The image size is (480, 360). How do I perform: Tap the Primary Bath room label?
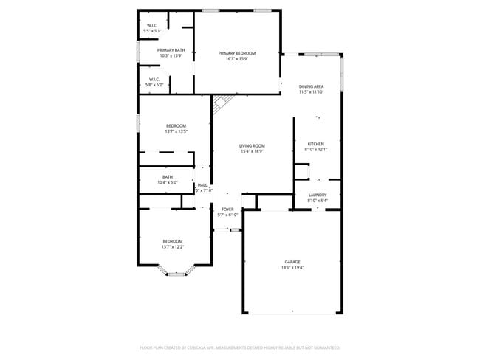coord(171,50)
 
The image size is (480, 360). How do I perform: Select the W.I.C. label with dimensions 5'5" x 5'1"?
coord(151,26)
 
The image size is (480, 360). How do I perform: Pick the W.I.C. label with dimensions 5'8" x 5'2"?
coord(154,79)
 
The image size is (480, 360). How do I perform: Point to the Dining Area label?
coord(311,86)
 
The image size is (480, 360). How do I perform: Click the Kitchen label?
coord(315,144)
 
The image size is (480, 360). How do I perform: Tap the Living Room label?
coord(252,146)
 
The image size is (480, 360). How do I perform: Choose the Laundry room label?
coord(317,195)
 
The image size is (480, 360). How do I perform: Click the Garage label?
coord(292,262)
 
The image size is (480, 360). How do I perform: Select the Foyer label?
coord(227,210)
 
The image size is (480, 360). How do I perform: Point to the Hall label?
coord(202,185)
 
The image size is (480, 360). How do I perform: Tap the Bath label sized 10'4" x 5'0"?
coord(168,177)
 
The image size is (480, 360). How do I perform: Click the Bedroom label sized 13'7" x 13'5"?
coord(176,125)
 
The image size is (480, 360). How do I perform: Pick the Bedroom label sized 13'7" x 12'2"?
coord(173,241)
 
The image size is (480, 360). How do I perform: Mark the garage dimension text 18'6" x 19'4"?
coord(292,268)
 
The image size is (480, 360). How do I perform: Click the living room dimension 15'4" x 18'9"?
coord(252,151)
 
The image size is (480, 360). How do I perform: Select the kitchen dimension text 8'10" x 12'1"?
coord(315,149)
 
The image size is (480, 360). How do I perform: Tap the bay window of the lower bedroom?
coord(176,273)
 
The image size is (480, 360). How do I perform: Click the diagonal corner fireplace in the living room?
coord(222,105)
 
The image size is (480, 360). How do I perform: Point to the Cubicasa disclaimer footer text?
coord(240,347)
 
